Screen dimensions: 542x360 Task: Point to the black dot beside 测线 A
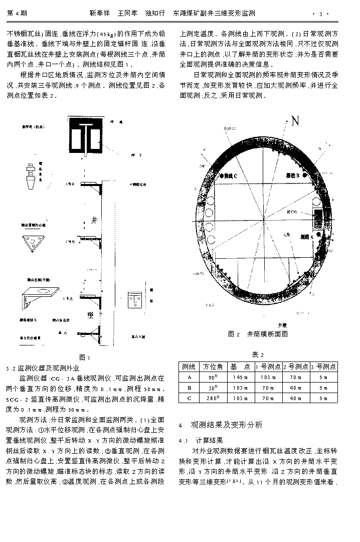click(x=316, y=235)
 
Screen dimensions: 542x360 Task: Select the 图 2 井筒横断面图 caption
click(x=258, y=334)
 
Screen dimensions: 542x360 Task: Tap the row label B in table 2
click(x=189, y=388)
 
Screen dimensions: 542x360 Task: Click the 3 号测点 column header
click(x=323, y=367)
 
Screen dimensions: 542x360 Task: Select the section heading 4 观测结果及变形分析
click(x=221, y=425)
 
